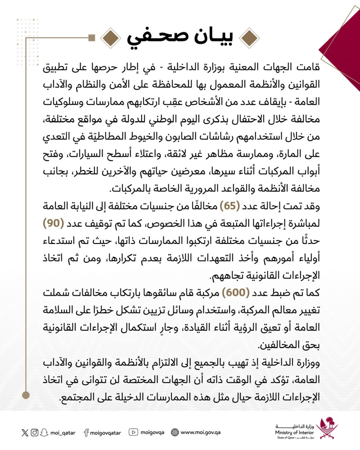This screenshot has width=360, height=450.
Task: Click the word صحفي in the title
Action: pyautogui.click(x=151, y=36)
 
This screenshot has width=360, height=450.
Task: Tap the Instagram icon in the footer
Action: pyautogui.click(x=35, y=432)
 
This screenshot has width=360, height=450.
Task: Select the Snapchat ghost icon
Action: pyautogui.click(x=45, y=432)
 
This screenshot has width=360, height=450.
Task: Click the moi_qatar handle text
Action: pyautogui.click(x=63, y=433)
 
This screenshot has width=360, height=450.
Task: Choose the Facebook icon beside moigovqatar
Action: pyautogui.click(x=86, y=432)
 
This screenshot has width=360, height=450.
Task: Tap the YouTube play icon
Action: pyautogui.click(x=133, y=432)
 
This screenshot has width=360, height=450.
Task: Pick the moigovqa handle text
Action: pyautogui.click(x=152, y=433)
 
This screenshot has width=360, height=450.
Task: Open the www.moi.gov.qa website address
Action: pyautogui.click(x=201, y=433)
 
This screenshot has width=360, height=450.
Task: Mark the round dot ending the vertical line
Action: pyautogui.click(x=27, y=395)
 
